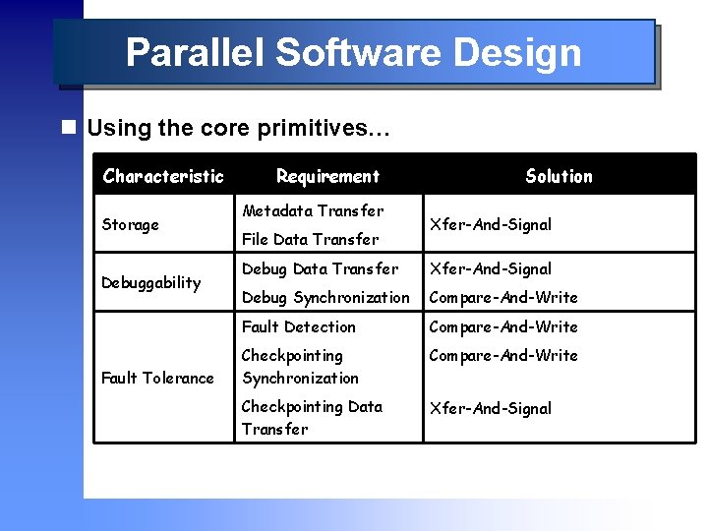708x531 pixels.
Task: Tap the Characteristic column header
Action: coord(163,176)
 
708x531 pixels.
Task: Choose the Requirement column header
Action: coord(327,176)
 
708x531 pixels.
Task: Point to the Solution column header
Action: coord(559,176)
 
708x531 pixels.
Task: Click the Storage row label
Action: coord(130,224)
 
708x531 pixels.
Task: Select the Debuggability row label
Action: coord(151,282)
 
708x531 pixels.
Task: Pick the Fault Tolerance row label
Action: coord(157,378)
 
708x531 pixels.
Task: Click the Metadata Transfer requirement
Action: coord(313,210)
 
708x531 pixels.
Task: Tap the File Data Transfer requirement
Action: coord(310,239)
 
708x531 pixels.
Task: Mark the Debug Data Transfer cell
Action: coord(320,268)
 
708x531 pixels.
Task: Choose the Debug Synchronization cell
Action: coord(325,297)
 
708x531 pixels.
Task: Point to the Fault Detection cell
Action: coord(299,326)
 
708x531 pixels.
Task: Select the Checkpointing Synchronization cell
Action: coord(300,366)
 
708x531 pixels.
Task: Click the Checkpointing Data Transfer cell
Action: coord(312,417)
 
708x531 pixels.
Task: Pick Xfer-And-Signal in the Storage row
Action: coord(490,224)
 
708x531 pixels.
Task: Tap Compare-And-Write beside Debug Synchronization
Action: coord(502,297)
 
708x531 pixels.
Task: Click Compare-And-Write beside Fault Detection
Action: coord(502,326)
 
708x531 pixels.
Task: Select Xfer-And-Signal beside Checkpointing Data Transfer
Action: coord(490,408)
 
